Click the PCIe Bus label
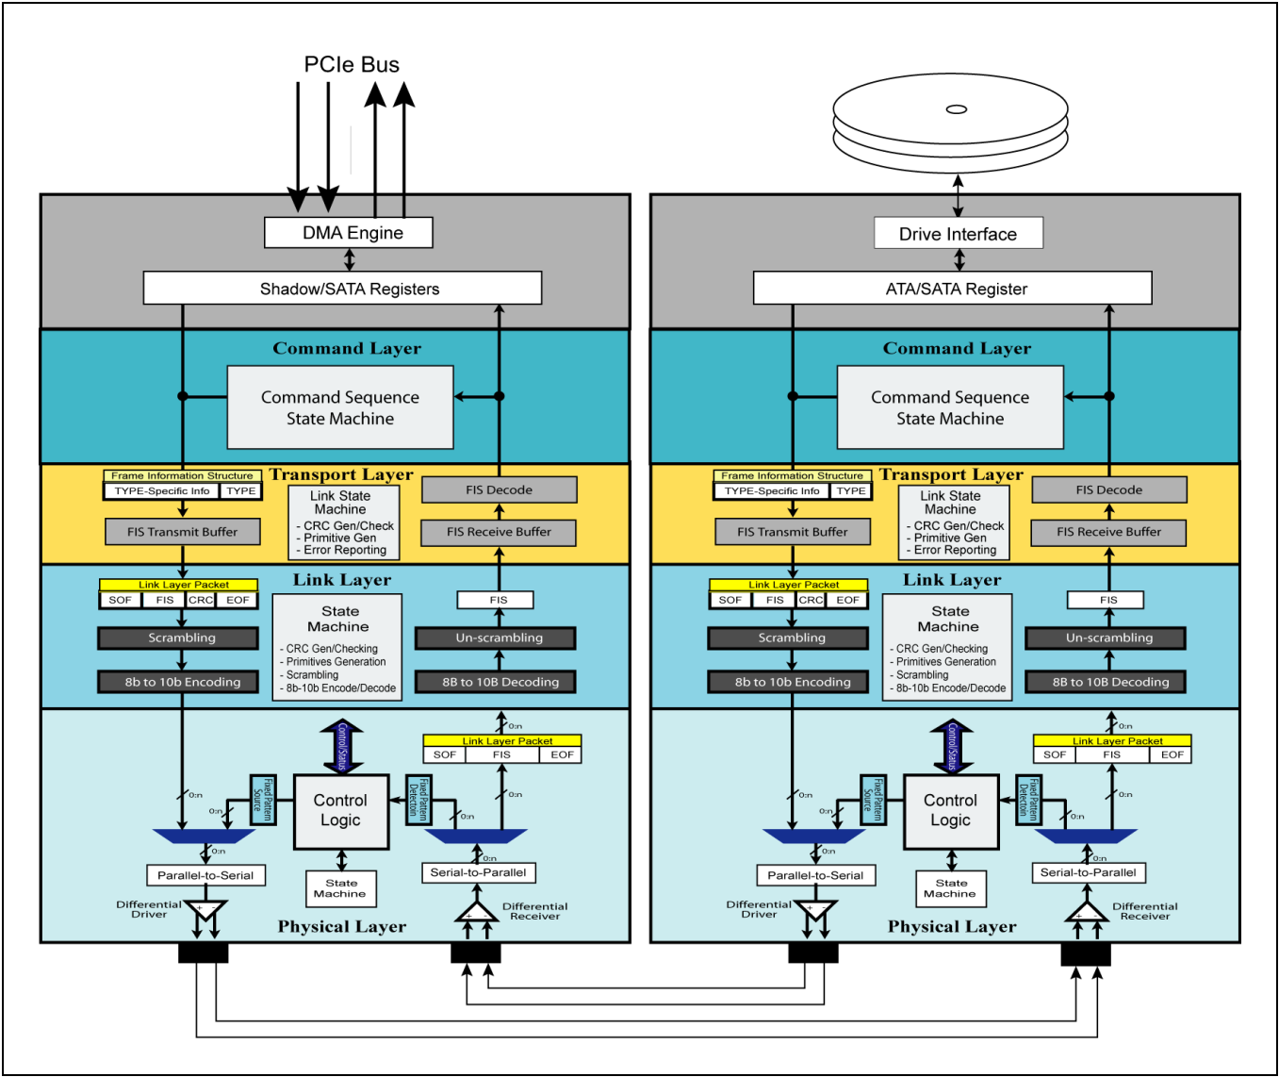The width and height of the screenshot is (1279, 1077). [x=352, y=65]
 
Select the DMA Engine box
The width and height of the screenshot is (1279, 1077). [x=349, y=233]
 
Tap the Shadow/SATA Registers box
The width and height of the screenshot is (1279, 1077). [x=342, y=289]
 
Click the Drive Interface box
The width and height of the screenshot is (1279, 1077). [x=958, y=234]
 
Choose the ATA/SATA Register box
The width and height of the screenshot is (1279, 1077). [x=952, y=289]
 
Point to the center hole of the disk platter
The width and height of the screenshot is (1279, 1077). [x=956, y=109]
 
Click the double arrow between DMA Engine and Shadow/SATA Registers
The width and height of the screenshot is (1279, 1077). [x=350, y=259]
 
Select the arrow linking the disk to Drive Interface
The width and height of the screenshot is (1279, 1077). [x=958, y=195]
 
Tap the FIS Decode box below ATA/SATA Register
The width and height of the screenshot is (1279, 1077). [x=1108, y=489]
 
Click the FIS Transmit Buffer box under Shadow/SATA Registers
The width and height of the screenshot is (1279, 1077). [x=183, y=532]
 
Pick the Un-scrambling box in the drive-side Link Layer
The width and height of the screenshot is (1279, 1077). [x=1108, y=638]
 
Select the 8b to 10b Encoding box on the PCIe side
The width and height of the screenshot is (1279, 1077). [x=183, y=682]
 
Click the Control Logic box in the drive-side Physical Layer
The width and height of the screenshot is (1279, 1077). [x=950, y=811]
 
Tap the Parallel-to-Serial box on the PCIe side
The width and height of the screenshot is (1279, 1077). [x=205, y=875]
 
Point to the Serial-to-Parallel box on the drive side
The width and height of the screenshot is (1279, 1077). [x=1088, y=872]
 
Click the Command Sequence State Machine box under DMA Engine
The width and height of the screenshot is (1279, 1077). [x=340, y=407]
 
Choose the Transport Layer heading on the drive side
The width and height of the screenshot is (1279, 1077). [x=951, y=474]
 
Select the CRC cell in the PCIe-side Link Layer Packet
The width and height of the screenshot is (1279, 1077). [x=201, y=600]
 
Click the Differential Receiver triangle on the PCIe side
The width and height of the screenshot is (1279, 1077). [x=476, y=913]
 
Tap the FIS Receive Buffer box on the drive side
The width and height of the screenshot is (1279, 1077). [x=1108, y=532]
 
